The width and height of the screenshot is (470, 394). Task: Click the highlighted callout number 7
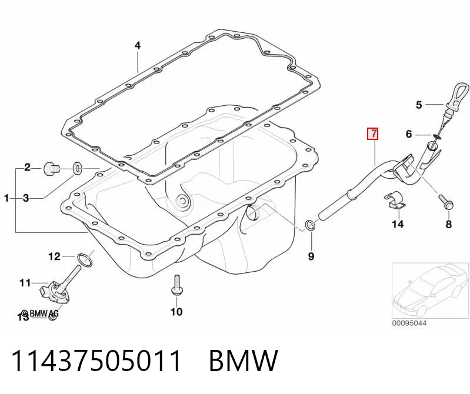[x=373, y=133]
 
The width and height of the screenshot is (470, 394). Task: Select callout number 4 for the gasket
[x=137, y=45]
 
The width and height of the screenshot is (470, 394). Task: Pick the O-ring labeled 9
[x=309, y=225]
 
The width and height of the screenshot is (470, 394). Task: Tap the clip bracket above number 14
[x=394, y=200]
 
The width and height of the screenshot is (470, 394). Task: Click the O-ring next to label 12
[x=85, y=260]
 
